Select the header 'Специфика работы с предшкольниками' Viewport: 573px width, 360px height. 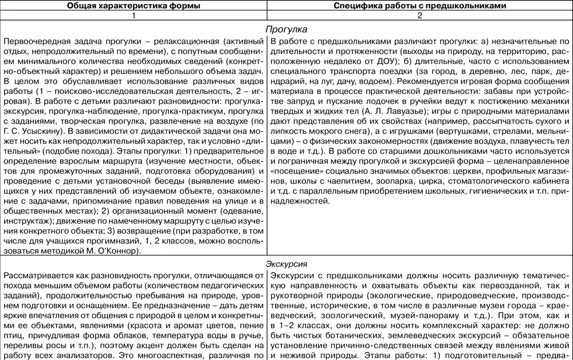pos(419,6)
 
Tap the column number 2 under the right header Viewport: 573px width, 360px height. pos(419,16)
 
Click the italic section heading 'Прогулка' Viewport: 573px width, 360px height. pos(286,29)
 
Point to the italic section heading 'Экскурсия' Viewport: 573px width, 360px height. pos(286,264)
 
